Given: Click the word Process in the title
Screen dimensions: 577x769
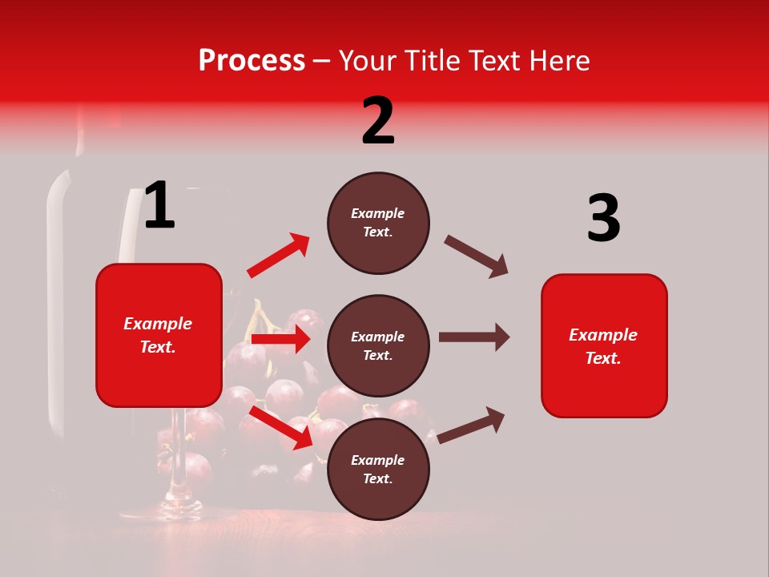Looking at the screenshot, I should pos(252,61).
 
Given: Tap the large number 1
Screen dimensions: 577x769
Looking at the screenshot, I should pos(159,206).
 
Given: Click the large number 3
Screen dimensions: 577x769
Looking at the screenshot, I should pos(603,219).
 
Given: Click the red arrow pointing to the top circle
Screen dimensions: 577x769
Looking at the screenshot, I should pos(278,256).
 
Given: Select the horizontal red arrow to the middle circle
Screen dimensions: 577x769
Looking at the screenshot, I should pos(280,339).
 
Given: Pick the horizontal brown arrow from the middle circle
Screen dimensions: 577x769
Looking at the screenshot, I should pos(473,337).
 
